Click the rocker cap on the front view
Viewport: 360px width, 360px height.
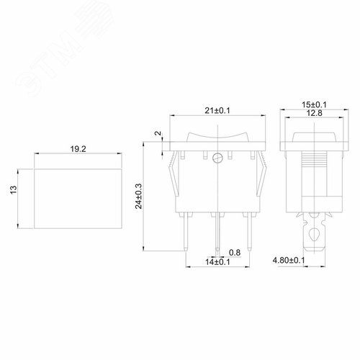217,136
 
